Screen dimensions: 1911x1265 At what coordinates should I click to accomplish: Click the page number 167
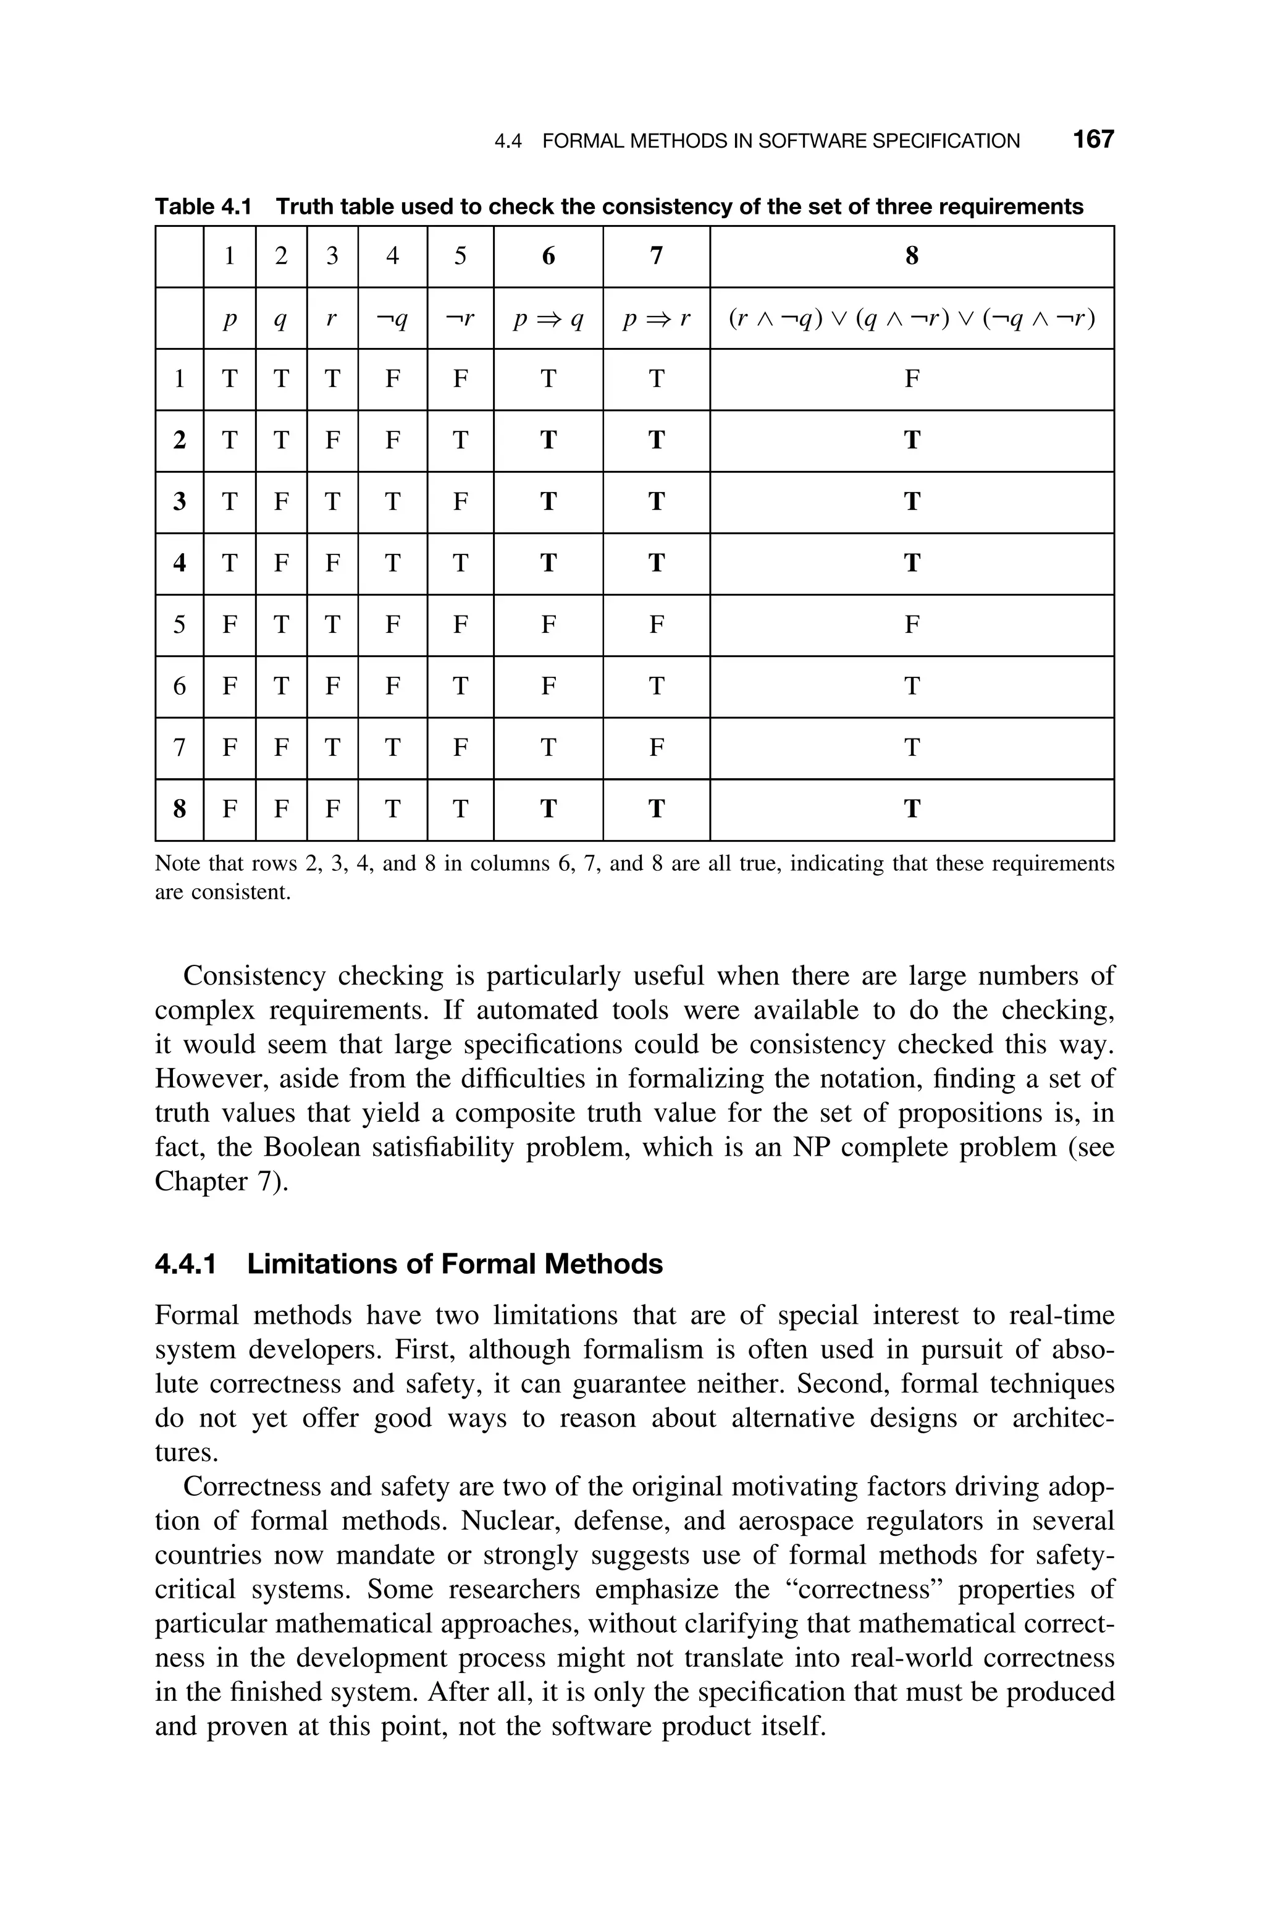[1092, 140]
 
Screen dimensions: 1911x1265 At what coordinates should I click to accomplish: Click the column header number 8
[911, 256]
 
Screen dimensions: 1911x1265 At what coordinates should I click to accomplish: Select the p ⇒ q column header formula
[548, 320]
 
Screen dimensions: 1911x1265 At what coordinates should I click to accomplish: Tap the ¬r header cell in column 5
[459, 320]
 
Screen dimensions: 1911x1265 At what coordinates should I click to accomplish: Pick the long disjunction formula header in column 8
[911, 320]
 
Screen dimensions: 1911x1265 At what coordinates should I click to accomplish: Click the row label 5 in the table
[179, 625]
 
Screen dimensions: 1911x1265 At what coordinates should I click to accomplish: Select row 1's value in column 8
[911, 379]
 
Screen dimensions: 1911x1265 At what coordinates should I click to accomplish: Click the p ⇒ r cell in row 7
[656, 748]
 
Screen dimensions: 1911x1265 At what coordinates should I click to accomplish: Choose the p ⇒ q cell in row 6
[548, 687]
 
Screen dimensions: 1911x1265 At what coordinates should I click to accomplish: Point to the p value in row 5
[229, 625]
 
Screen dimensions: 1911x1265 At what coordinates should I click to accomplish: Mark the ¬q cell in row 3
[392, 502]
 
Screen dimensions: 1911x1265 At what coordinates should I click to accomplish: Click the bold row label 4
[179, 563]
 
